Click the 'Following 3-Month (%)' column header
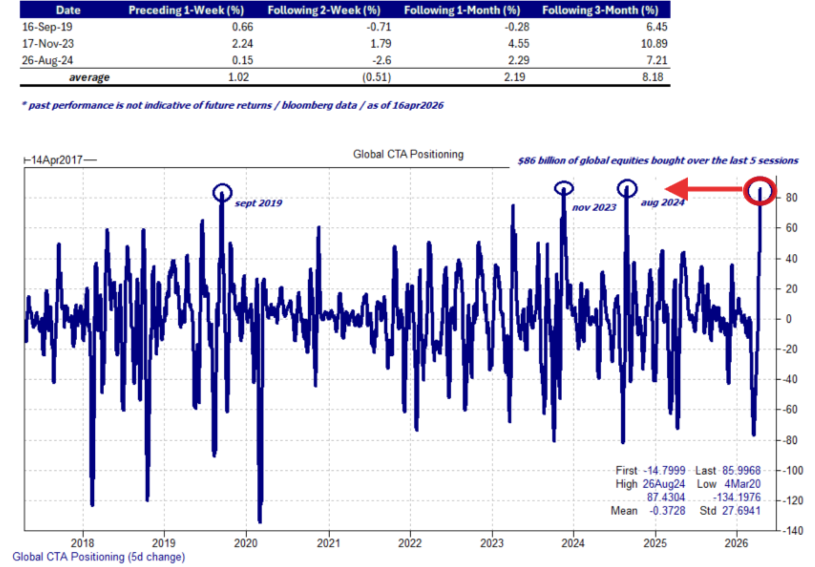pyautogui.click(x=600, y=10)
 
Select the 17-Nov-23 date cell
pyautogui.click(x=48, y=43)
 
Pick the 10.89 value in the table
pyautogui.click(x=654, y=43)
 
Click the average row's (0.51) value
pyautogui.click(x=376, y=77)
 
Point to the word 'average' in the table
pyautogui.click(x=89, y=77)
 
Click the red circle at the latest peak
pyautogui.click(x=759, y=191)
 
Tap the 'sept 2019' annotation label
pyautogui.click(x=258, y=203)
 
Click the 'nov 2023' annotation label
pyautogui.click(x=594, y=207)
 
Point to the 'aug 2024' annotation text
pyautogui.click(x=662, y=202)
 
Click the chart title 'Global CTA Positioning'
pyautogui.click(x=408, y=154)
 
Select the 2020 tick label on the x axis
pyautogui.click(x=246, y=543)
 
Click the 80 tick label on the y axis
pyautogui.click(x=791, y=198)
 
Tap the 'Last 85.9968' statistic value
pyautogui.click(x=741, y=470)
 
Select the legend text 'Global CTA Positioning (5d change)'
pyautogui.click(x=99, y=557)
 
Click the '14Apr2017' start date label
pyautogui.click(x=57, y=160)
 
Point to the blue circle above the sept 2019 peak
pyautogui.click(x=222, y=192)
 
